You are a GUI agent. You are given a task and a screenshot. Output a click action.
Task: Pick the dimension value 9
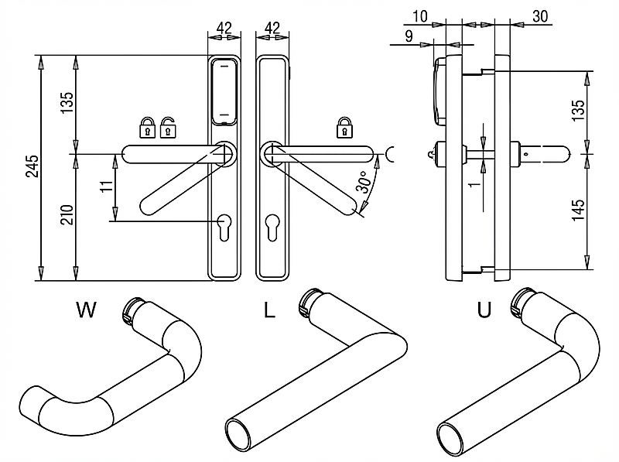click(408, 36)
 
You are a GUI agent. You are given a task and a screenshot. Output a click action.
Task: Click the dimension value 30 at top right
click(541, 16)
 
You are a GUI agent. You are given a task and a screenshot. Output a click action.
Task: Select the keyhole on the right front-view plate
click(272, 226)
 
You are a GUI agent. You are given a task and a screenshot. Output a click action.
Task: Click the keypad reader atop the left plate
click(224, 91)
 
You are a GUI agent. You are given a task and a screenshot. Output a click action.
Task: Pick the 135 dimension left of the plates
click(67, 103)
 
